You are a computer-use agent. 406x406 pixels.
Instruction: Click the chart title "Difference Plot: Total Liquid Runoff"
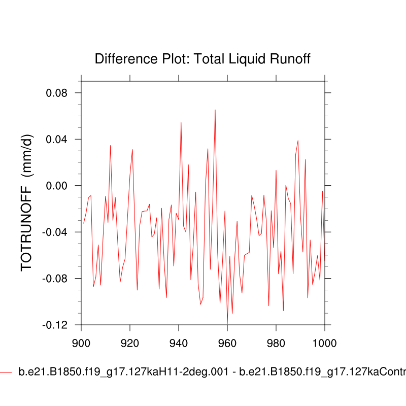coord(202,59)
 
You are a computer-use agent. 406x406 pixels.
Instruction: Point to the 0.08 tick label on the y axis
coord(57,93)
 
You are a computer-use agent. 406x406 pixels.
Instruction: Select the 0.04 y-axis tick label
coord(57,139)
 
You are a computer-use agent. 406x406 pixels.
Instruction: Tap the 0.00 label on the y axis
coord(57,186)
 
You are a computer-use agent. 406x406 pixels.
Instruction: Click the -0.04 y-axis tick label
coord(56,232)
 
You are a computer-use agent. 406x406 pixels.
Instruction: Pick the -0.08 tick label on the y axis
coord(56,279)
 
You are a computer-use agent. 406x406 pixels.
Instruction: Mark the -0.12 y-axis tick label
coord(56,325)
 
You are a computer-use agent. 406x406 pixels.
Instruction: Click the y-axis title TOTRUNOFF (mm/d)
coord(27,203)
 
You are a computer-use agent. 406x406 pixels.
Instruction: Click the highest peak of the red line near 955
coord(215,110)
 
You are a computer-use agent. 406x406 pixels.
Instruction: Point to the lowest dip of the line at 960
coord(227,323)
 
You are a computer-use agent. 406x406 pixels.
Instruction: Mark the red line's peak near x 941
coord(181,122)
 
